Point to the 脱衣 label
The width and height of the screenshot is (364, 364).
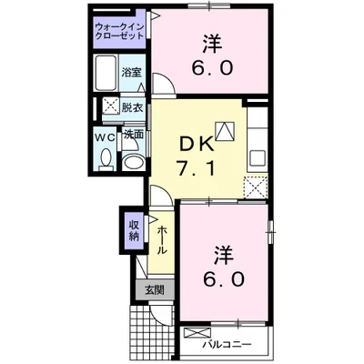pos(133,107)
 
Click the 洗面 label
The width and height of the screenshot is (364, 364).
pos(133,136)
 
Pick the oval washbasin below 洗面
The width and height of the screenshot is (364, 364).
pos(133,163)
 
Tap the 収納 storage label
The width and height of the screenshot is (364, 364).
pos(133,231)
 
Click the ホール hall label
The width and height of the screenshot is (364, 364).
pos(161,238)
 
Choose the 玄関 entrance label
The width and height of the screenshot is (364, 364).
pos(151,291)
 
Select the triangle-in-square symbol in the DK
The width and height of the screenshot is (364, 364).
pos(222,128)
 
